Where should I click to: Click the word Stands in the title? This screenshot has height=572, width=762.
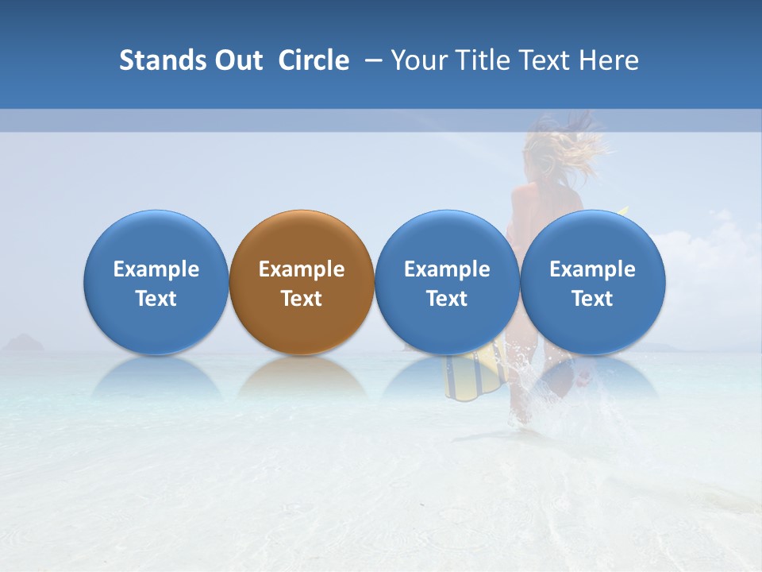tap(159, 60)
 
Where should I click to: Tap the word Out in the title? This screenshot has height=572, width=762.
tap(236, 60)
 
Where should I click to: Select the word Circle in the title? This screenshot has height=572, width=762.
tap(314, 60)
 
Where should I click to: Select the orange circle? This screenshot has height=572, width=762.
tap(302, 238)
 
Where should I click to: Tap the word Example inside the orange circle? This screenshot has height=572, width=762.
tap(302, 269)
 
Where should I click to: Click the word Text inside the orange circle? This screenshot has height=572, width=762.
tap(302, 299)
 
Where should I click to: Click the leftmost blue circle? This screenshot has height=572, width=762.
tap(156, 238)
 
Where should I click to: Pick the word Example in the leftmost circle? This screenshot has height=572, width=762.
tap(156, 269)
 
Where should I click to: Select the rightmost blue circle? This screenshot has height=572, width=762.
tap(592, 238)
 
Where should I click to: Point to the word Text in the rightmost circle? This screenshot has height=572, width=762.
tap(592, 299)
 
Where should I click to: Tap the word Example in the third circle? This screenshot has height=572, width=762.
tap(447, 269)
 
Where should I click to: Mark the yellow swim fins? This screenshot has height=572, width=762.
tap(475, 373)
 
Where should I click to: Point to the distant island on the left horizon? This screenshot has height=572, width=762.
tap(24, 343)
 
